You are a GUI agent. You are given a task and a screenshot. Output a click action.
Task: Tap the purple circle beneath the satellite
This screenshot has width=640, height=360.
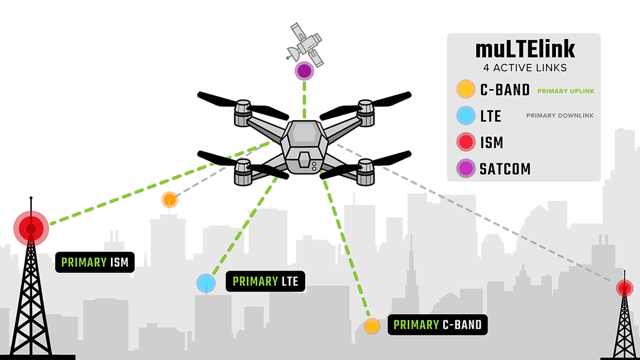[304, 71]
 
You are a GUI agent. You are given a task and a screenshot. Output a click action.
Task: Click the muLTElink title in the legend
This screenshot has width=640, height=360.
[525, 49]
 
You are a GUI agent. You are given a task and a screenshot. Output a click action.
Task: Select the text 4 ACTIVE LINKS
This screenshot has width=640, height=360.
[525, 68]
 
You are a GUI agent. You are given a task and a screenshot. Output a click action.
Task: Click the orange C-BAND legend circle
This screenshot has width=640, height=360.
[466, 90]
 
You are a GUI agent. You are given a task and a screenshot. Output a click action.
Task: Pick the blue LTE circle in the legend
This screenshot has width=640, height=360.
[466, 116]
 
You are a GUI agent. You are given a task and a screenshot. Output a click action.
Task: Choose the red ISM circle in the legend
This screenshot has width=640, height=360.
[466, 142]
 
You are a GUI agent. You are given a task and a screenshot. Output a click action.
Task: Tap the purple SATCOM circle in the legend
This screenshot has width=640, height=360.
[466, 168]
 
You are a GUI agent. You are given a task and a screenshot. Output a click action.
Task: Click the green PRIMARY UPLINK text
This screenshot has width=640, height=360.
[566, 91]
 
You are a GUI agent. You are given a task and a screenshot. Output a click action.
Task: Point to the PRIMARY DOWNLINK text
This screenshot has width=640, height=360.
[560, 116]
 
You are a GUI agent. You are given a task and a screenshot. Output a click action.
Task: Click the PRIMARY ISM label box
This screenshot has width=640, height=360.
[95, 262]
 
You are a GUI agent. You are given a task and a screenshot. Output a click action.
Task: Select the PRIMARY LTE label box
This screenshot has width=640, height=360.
[265, 281]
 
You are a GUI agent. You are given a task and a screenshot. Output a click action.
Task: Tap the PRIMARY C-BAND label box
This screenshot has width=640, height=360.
[437, 325]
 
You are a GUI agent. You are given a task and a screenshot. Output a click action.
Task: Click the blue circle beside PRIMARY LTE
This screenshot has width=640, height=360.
[206, 284]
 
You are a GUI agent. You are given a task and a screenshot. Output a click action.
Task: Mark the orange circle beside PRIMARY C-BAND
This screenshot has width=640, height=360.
[372, 326]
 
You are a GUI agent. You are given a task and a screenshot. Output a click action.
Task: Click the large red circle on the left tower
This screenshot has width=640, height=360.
[31, 229]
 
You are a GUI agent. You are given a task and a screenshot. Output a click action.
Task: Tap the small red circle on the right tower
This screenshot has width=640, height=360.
[624, 288]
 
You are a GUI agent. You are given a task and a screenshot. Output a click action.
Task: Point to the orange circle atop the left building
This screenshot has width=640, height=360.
[170, 200]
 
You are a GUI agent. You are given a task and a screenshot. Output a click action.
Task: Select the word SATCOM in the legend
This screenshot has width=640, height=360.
[505, 169]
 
